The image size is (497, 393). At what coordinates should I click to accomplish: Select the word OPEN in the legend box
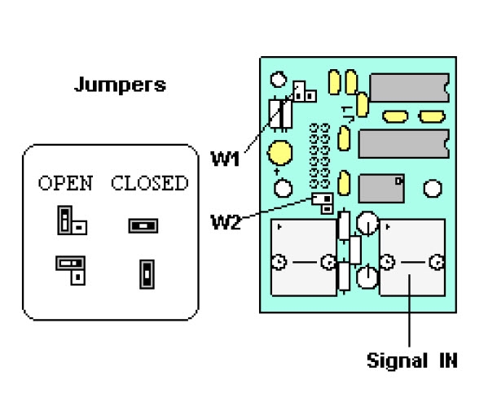pos(66,183)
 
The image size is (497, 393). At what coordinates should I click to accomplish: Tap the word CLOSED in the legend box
pos(149,183)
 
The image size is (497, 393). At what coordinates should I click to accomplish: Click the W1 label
pos(225,158)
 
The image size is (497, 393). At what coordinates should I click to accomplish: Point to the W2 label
pos(224,221)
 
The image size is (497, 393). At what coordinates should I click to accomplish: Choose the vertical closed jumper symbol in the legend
pos(147,274)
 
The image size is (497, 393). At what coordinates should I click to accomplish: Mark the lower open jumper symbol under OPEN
pos(71,267)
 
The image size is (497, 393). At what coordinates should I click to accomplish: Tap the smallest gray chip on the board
pos(381,188)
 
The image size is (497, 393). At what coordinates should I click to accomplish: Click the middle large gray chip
pos(403,142)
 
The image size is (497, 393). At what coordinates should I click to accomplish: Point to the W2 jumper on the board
pos(323,201)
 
